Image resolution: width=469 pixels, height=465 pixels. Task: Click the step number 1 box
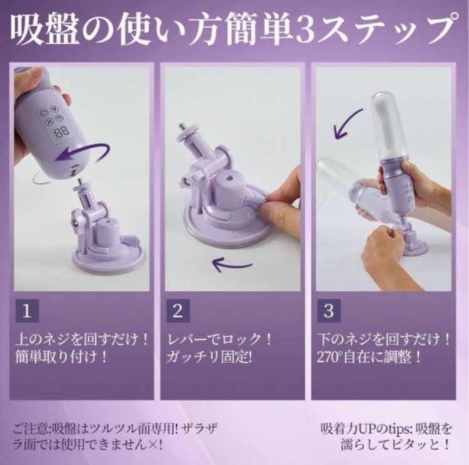pos(27,310)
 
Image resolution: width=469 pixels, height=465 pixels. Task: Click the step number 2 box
pos(178,310)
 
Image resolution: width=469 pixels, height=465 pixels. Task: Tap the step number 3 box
pos(329,310)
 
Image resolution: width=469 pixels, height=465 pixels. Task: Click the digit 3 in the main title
pos(304,31)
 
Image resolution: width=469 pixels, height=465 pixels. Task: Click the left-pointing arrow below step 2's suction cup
pos(232,265)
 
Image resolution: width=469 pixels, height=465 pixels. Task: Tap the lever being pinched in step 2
pos(256,202)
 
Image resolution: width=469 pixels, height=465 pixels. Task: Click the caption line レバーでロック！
pos(219,339)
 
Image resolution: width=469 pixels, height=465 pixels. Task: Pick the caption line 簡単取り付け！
pos(60,357)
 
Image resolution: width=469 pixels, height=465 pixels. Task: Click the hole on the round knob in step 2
pos(228,178)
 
